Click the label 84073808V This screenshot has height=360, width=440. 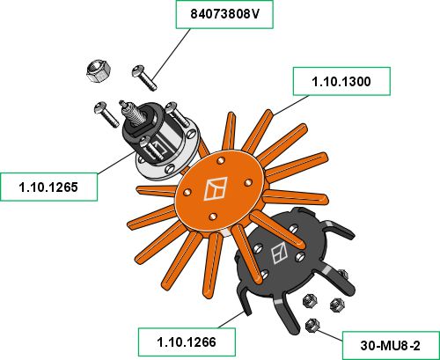[224, 14]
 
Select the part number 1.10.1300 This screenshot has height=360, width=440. [341, 81]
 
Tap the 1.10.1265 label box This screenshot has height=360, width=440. [48, 187]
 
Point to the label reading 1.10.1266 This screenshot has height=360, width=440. [187, 342]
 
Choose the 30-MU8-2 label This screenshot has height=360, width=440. [391, 346]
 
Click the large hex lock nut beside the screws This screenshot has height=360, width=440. [99, 71]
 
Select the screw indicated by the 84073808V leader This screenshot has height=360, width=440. [144, 77]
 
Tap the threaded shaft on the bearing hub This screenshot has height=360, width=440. [133, 112]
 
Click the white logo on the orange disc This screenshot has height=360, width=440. [216, 188]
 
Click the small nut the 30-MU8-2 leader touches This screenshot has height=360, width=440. [312, 326]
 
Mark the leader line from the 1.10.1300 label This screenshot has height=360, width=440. [290, 105]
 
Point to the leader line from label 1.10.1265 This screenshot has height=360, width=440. [116, 162]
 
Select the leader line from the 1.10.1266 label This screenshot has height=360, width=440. [231, 320]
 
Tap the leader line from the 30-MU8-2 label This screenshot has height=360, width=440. [330, 335]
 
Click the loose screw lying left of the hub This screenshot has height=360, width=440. [106, 114]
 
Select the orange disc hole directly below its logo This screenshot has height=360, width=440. [213, 217]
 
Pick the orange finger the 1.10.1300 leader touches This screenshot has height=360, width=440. [258, 131]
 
